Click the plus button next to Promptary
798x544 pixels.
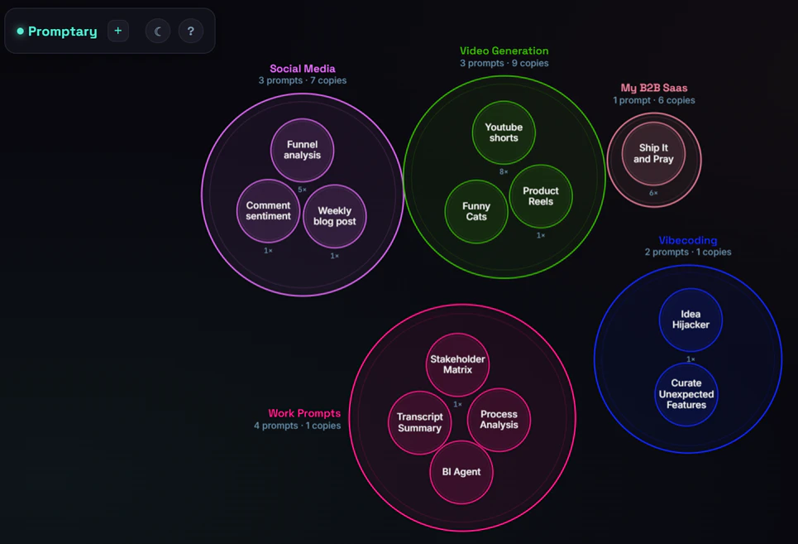click(118, 31)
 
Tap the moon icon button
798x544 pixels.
click(158, 31)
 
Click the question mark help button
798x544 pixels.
click(191, 31)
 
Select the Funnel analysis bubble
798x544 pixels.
click(303, 150)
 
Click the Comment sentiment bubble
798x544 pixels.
click(268, 211)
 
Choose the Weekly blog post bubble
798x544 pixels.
click(334, 216)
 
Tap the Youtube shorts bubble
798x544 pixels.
click(504, 132)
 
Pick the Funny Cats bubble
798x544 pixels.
click(476, 211)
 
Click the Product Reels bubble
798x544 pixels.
click(541, 196)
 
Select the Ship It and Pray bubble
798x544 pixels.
click(653, 153)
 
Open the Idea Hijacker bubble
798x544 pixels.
click(690, 320)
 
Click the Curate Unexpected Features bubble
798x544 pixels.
click(686, 394)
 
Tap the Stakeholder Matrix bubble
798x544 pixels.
click(457, 364)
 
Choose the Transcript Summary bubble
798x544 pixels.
click(420, 423)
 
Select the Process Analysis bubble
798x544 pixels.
click(499, 420)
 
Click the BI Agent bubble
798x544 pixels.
click(461, 472)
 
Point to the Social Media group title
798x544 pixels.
click(303, 69)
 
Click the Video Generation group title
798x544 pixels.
click(504, 51)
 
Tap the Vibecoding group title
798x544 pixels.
click(688, 240)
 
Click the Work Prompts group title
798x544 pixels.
click(304, 413)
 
